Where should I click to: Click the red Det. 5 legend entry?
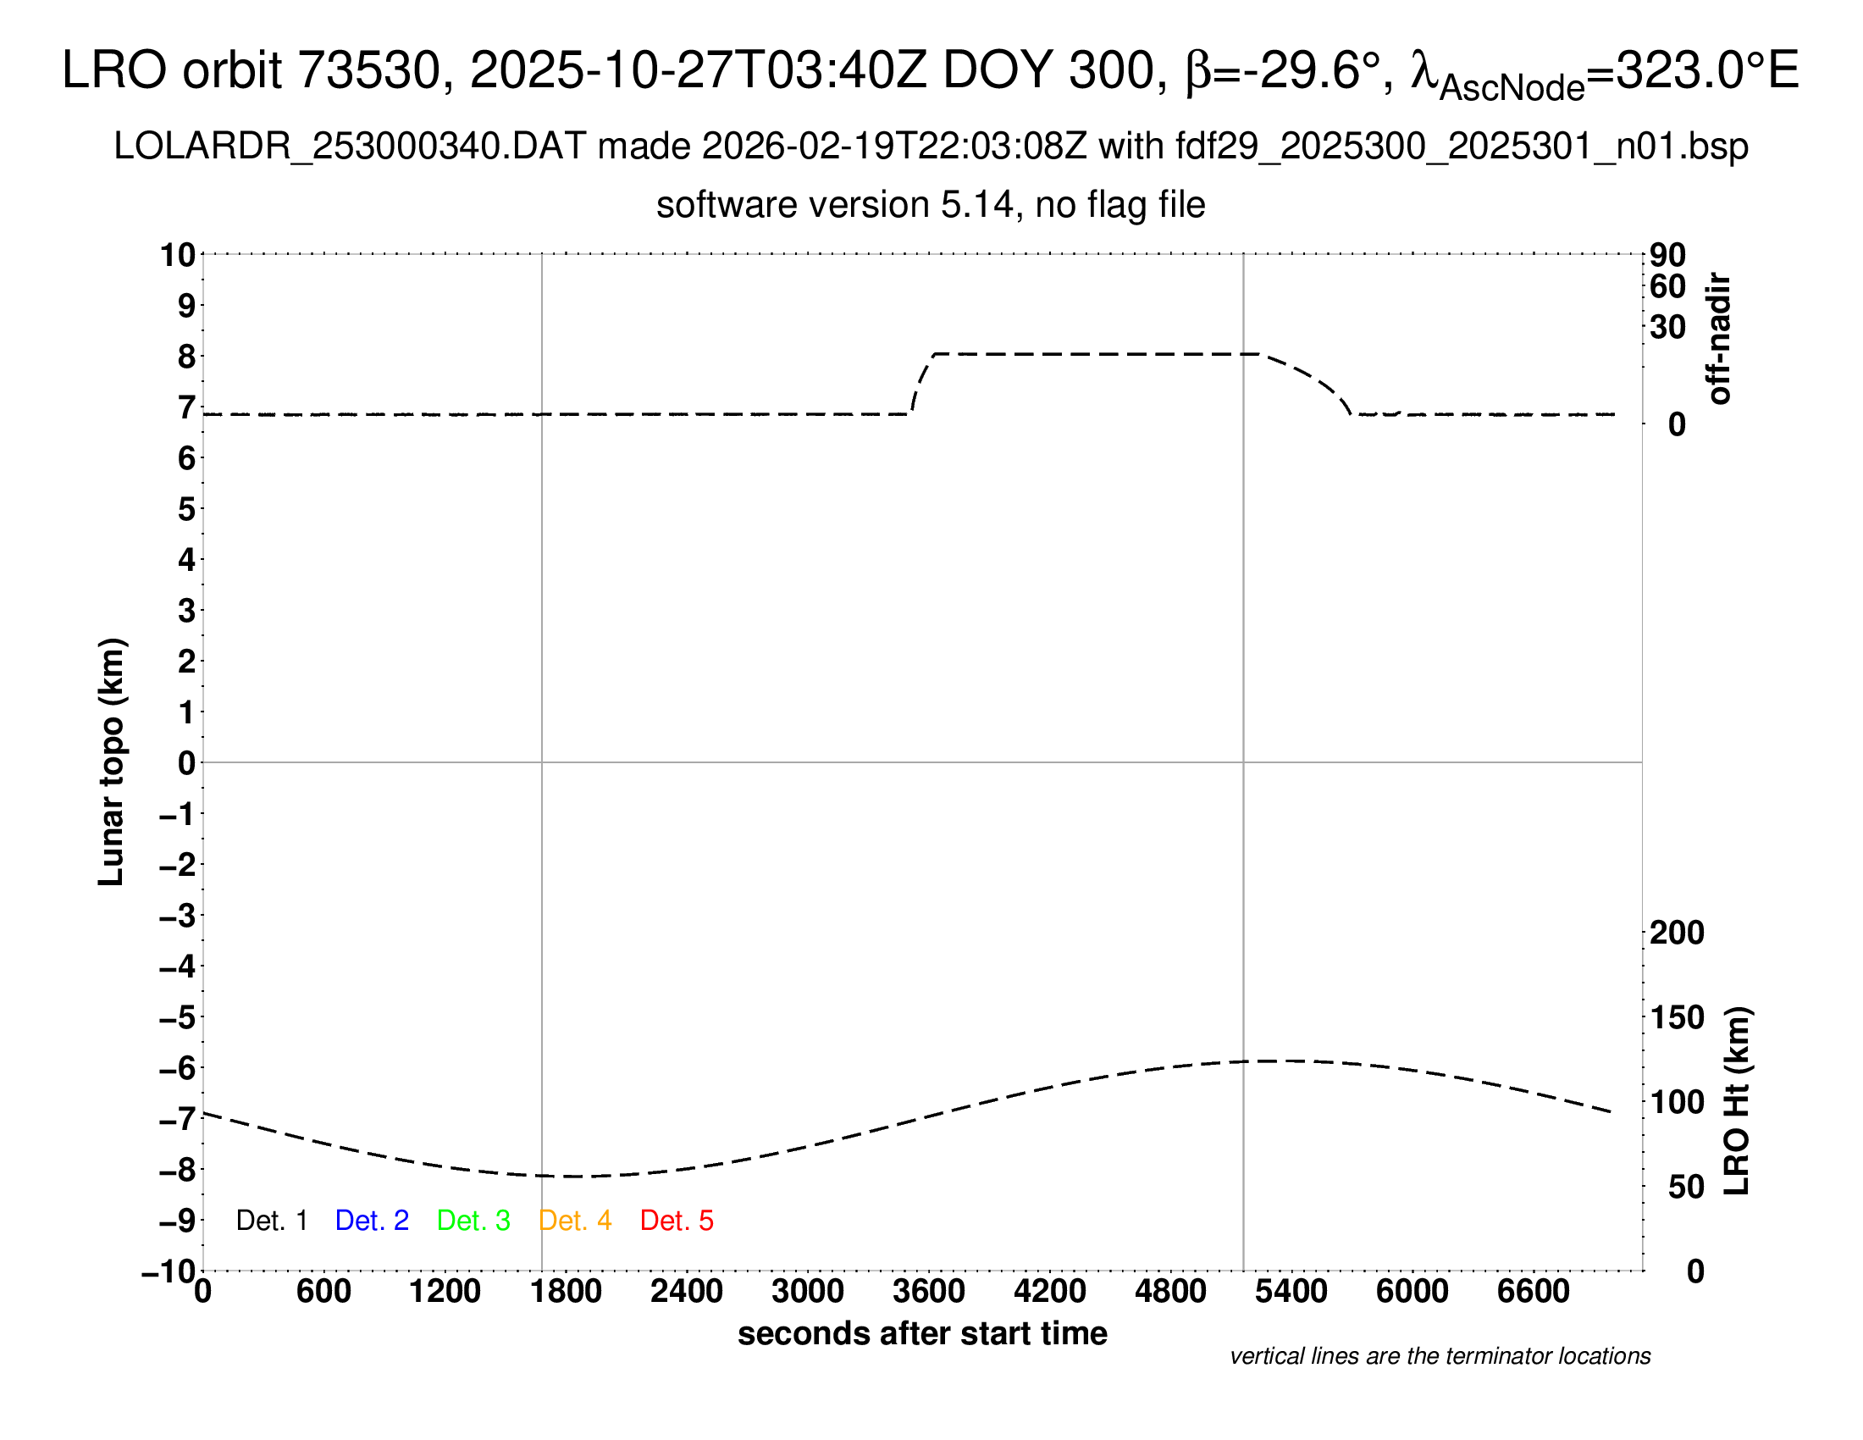point(677,1221)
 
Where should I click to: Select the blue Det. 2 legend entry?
point(372,1221)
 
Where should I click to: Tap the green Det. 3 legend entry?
point(473,1221)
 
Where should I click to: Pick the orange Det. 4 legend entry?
point(575,1221)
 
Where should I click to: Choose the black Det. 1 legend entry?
point(271,1221)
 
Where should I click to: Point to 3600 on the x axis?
point(929,1292)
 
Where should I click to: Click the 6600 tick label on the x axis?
point(1533,1292)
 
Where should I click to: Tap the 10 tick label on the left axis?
point(179,255)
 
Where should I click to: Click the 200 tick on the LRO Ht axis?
point(1677,933)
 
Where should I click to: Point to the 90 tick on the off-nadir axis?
point(1667,255)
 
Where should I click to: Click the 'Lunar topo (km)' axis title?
point(112,762)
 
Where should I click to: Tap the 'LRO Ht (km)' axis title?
point(1737,1101)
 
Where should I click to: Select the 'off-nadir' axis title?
point(1720,338)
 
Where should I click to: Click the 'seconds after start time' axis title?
point(922,1333)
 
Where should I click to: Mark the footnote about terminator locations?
point(1440,1356)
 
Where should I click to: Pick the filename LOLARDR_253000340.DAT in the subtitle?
point(350,147)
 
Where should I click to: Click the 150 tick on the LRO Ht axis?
point(1677,1016)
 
